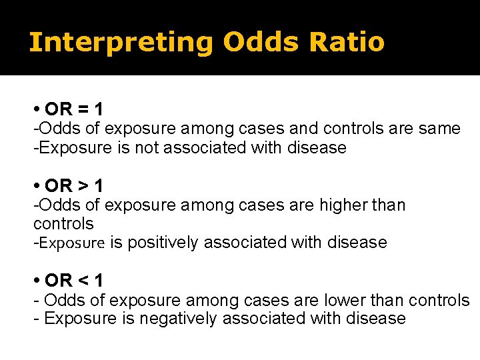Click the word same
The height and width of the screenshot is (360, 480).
[x=439, y=128]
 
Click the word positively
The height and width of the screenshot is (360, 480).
[x=162, y=243]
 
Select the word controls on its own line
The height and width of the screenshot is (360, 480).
[x=63, y=223]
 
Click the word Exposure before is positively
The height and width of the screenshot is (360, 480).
[x=72, y=243]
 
